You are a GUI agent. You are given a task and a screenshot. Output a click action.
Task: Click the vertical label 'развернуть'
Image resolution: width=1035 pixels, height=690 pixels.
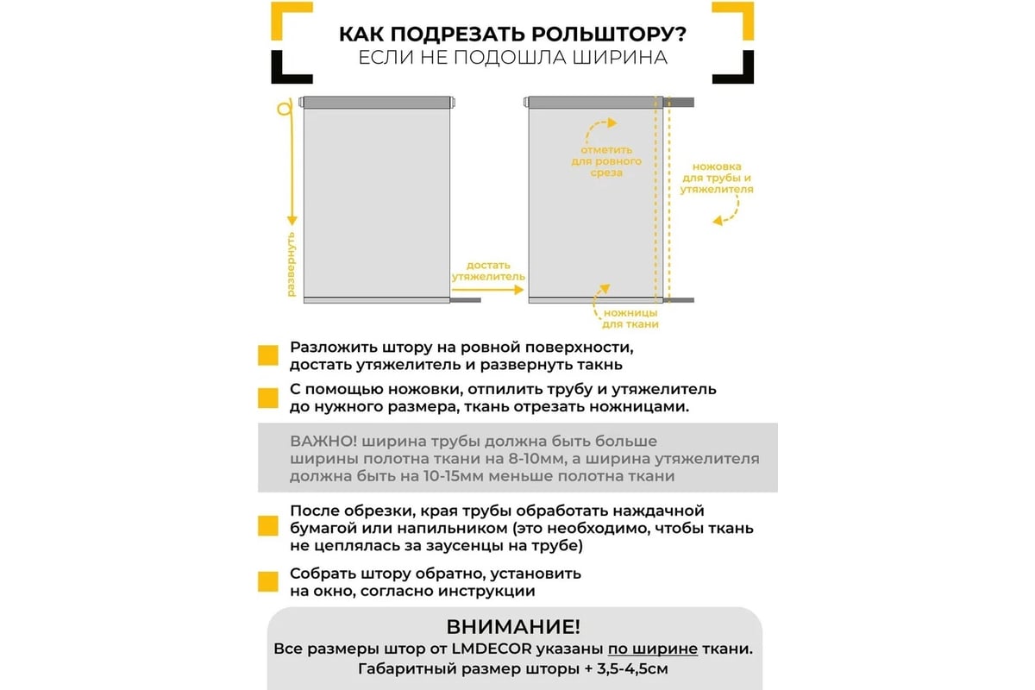point(291,264)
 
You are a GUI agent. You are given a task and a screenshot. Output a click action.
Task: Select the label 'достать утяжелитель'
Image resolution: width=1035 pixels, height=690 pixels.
point(488,271)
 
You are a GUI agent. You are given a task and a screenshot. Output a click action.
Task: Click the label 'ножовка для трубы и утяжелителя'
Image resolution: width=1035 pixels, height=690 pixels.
point(717,178)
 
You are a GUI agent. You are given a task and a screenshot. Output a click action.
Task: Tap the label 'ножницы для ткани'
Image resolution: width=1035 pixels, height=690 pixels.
point(630,317)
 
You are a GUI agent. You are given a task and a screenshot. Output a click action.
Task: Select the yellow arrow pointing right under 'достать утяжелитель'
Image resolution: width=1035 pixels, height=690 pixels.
point(488,291)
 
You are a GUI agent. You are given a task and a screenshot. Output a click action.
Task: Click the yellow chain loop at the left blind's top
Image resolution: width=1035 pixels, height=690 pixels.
point(282,110)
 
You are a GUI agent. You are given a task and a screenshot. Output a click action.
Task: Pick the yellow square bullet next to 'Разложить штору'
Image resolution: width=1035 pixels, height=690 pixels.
point(268,356)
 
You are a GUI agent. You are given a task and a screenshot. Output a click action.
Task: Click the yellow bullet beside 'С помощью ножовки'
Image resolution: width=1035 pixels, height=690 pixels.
point(268,398)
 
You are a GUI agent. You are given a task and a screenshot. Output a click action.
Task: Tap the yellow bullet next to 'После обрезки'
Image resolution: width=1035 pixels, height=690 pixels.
point(268,526)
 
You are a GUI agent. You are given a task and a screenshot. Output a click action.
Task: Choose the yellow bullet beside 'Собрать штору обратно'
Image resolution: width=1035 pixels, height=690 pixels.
point(268,581)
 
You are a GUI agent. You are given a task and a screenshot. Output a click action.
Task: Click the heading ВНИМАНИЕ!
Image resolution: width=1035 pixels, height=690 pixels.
point(513,625)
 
